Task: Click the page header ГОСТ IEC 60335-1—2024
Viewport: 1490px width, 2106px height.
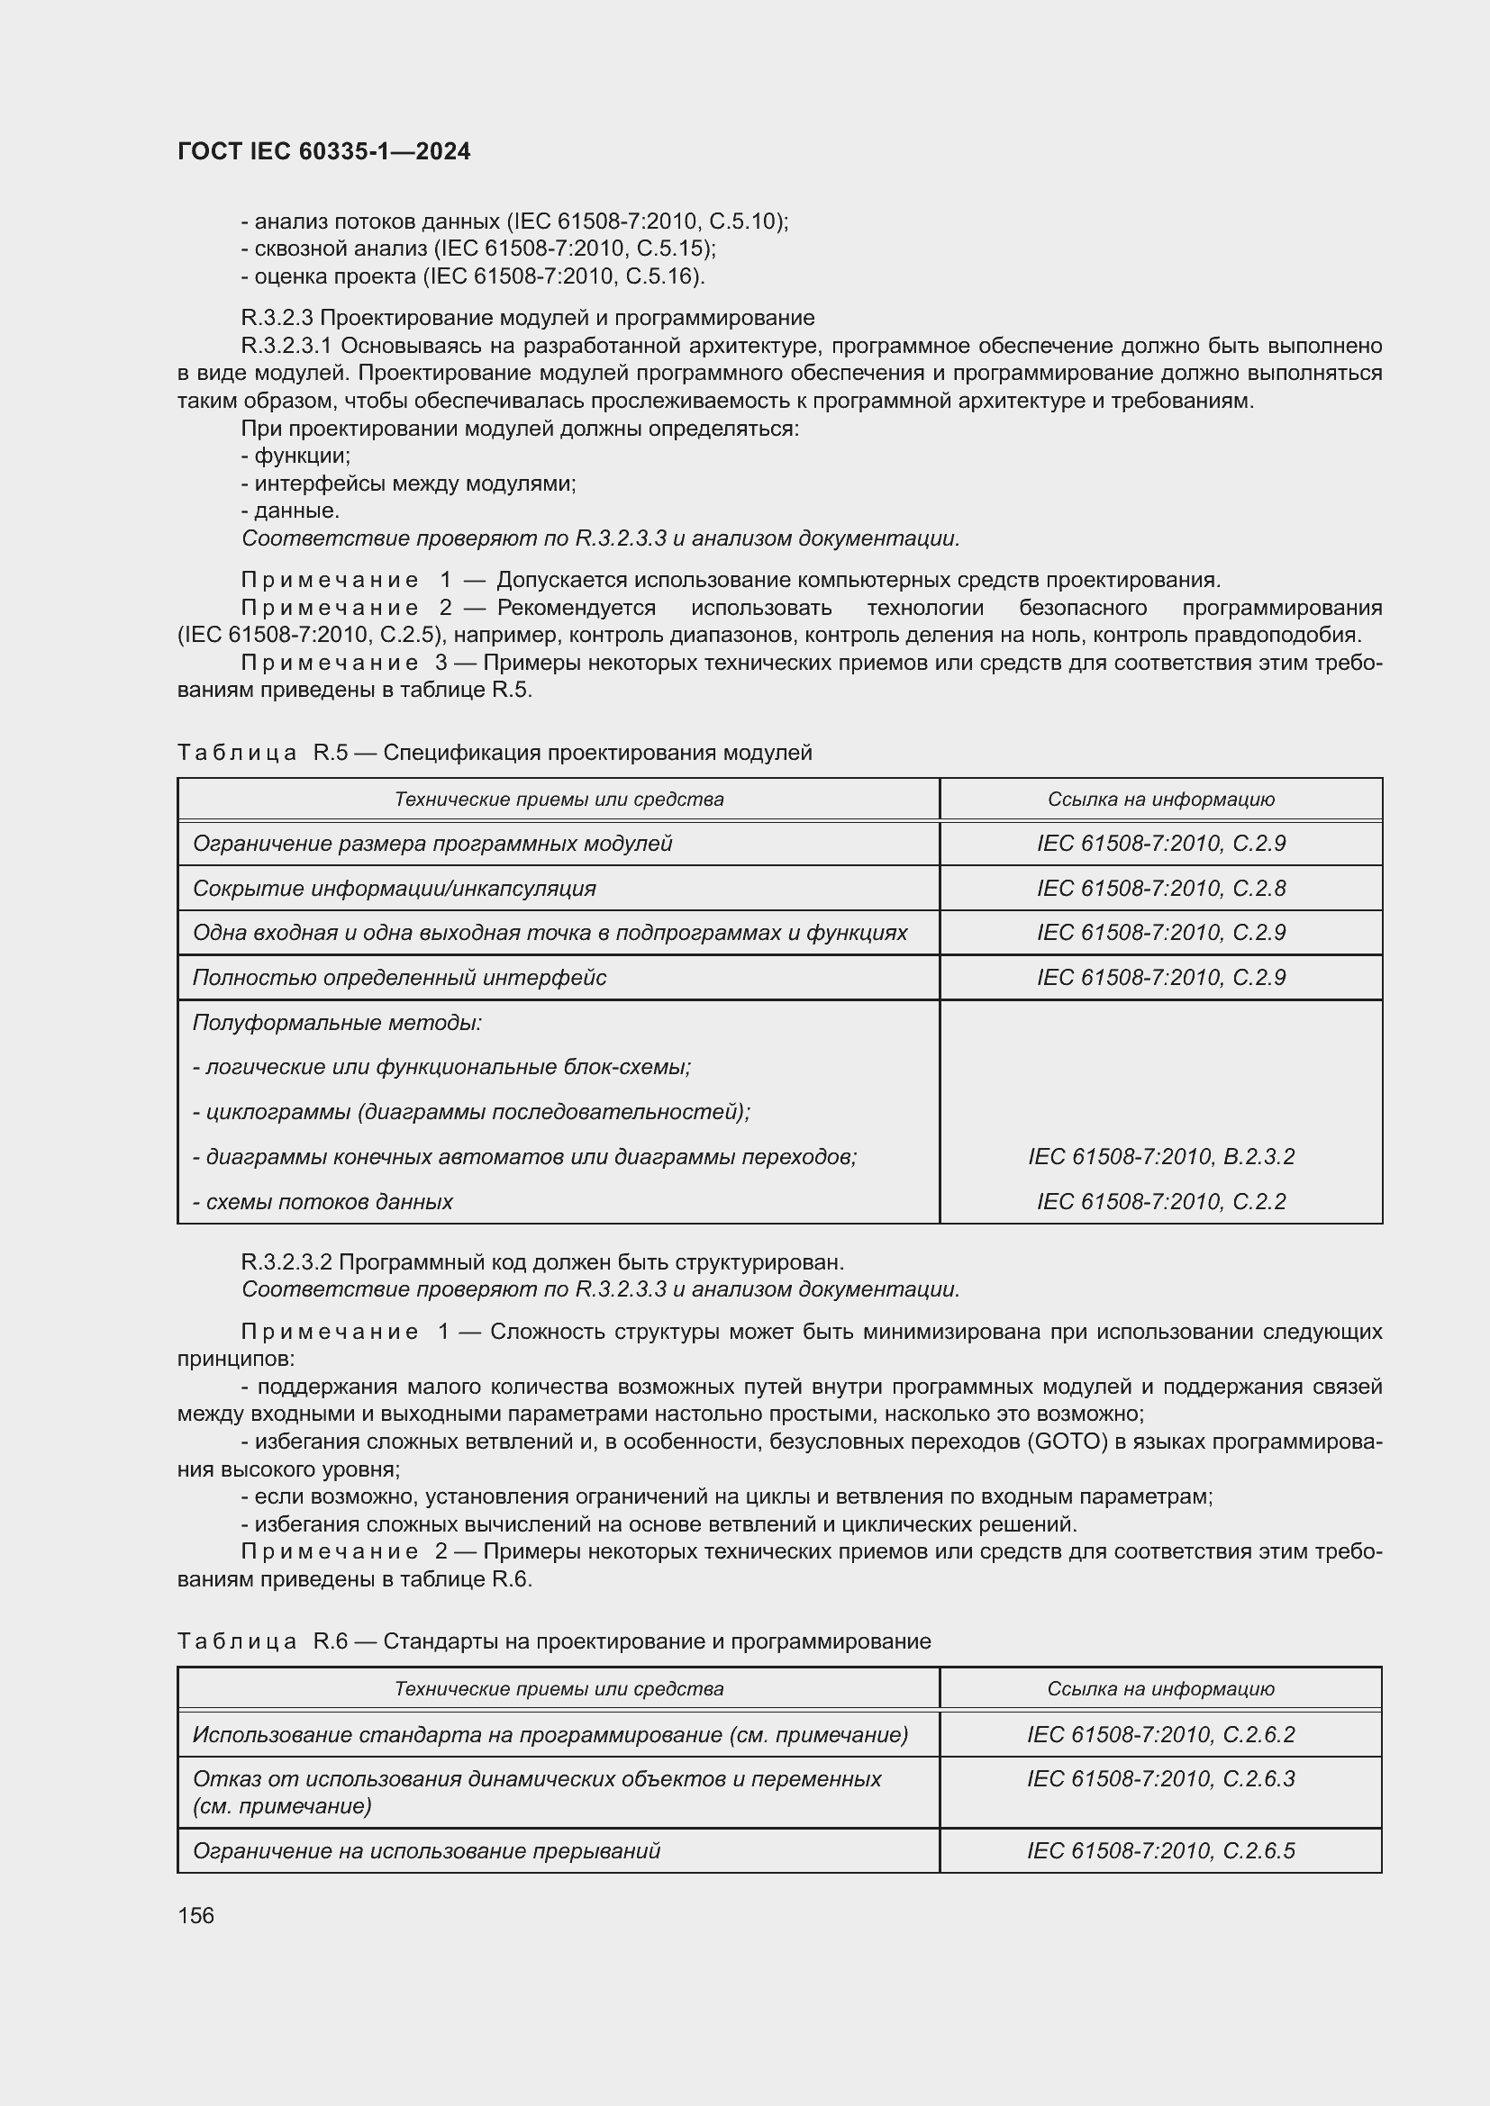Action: coord(324,152)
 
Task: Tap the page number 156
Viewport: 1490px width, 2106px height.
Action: coord(195,1915)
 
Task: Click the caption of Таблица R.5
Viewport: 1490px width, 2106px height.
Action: coord(495,753)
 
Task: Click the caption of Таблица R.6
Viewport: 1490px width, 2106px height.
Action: coord(553,1641)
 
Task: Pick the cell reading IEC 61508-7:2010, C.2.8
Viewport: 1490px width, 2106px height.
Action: coord(1160,888)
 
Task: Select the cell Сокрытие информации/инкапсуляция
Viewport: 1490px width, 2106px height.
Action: coord(395,888)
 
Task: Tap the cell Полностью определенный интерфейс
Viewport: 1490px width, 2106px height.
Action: coord(399,978)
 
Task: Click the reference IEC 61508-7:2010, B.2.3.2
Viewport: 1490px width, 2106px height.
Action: coord(1160,1157)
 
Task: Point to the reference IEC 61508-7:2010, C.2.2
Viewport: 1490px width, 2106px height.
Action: coord(1160,1202)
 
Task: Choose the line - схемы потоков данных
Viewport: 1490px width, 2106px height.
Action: coord(323,1202)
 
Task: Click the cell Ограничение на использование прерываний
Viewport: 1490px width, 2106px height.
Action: coord(427,1851)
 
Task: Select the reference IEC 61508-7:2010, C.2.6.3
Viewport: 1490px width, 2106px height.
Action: coord(1160,1778)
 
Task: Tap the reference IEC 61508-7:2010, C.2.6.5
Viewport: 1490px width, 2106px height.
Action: coord(1160,1851)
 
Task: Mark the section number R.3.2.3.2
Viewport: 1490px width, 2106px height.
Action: coord(287,1262)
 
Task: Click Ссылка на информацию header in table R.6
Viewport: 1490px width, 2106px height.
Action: coord(1160,1688)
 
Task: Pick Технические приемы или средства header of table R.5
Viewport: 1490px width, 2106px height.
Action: coord(559,799)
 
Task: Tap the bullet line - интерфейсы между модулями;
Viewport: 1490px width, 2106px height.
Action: coord(409,484)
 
